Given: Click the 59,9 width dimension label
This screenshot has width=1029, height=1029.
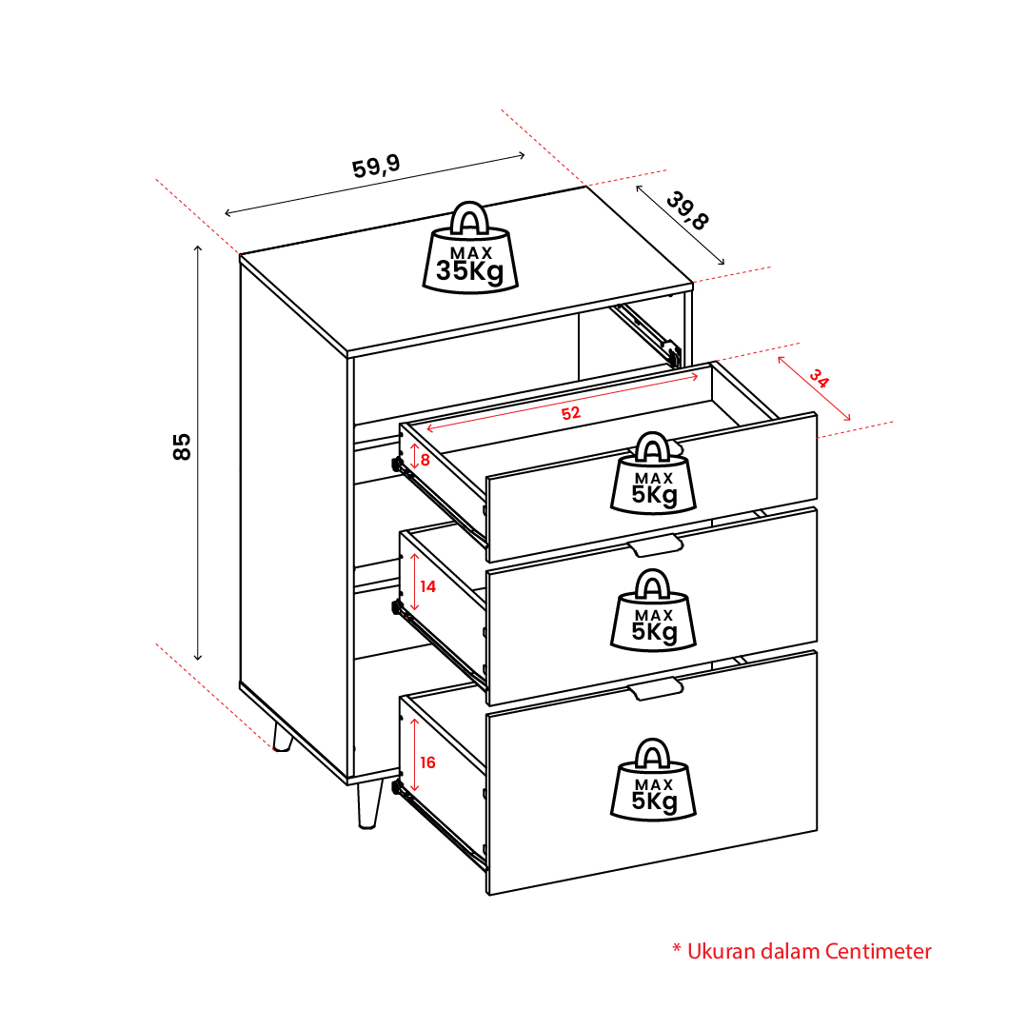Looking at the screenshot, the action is click(376, 167).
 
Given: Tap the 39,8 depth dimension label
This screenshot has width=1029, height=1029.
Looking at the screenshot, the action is click(687, 210).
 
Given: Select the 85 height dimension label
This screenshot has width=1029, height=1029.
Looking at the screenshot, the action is click(182, 446).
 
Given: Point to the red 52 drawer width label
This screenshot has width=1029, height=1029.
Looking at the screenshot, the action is click(571, 413).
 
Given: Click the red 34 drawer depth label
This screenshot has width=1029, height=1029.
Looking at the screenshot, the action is click(819, 378).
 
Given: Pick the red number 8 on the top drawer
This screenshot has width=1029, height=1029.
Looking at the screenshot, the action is click(425, 460).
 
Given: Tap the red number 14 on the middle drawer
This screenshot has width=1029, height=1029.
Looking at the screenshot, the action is click(427, 586).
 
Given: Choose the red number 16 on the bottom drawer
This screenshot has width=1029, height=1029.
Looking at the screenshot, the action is click(427, 762).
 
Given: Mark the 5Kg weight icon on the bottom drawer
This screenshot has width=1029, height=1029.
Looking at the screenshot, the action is click(653, 780).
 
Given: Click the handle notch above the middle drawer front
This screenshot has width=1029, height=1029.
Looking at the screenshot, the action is click(656, 546).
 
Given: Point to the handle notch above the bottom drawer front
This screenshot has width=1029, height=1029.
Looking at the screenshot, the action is click(656, 690).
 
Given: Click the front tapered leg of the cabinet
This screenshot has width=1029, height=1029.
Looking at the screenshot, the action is click(369, 804).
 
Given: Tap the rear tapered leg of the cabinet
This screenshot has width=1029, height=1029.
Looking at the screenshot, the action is click(282, 737).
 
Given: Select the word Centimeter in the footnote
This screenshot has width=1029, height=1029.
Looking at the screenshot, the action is click(878, 952).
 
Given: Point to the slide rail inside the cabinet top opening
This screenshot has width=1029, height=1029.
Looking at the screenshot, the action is click(645, 334).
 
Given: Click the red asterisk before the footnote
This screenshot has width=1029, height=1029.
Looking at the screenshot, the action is click(677, 948).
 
